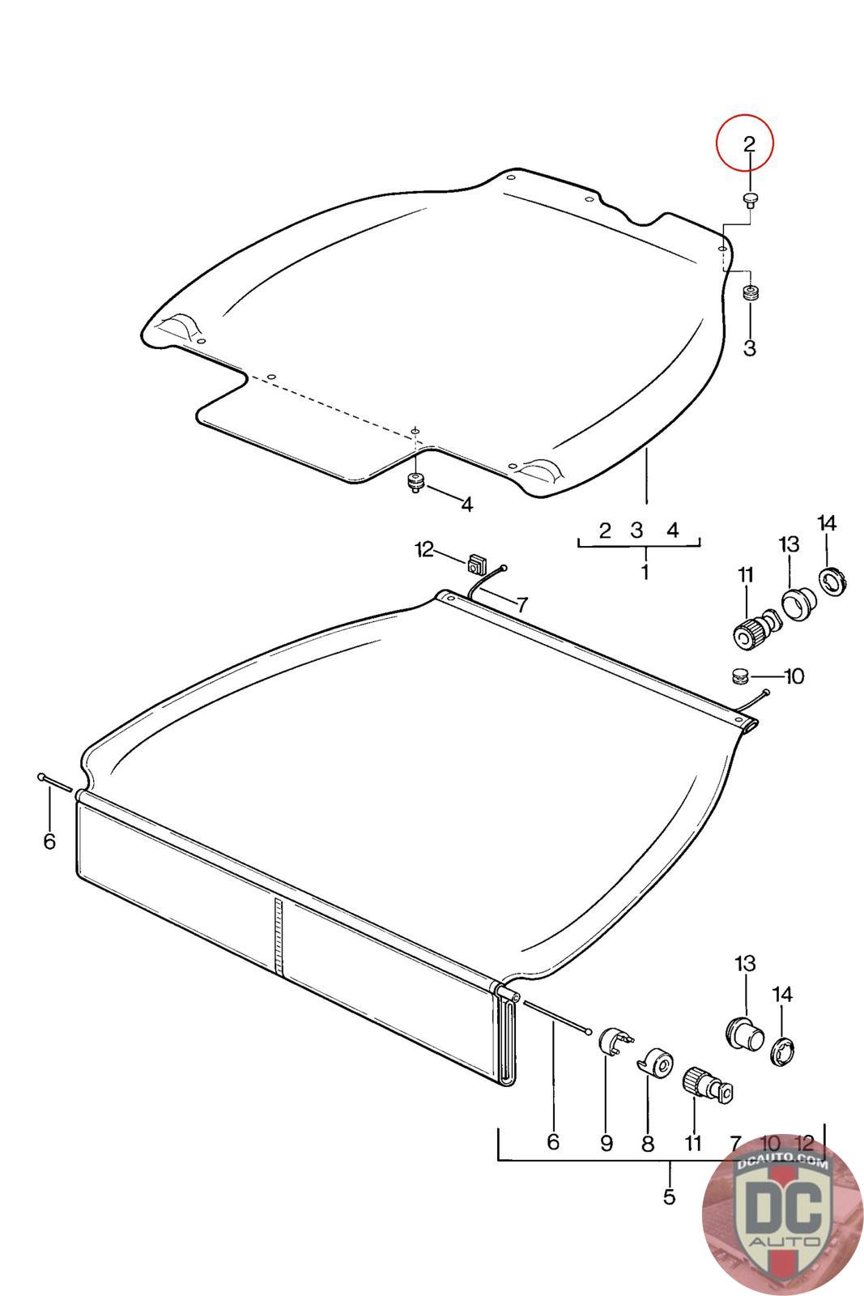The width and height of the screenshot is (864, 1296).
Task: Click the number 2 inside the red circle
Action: click(749, 143)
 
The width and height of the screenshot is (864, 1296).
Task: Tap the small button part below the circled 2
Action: click(750, 199)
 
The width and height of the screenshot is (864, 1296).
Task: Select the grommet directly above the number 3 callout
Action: click(751, 293)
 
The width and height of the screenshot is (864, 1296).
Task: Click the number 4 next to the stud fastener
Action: click(466, 505)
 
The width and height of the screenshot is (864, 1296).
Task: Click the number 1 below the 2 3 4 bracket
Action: click(645, 572)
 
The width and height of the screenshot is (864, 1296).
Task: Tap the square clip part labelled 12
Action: click(476, 563)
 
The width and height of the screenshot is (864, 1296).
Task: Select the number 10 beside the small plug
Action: click(794, 676)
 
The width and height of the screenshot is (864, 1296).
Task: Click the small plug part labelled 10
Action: click(740, 676)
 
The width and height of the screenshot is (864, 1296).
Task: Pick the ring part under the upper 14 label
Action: click(832, 582)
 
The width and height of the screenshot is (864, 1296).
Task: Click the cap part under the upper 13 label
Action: click(798, 604)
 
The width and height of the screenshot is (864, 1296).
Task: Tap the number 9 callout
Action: click(606, 1143)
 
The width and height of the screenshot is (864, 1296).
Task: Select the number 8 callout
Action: click(648, 1143)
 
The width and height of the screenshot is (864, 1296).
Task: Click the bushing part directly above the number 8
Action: click(656, 1062)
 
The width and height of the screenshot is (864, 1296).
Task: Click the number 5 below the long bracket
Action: click(669, 1196)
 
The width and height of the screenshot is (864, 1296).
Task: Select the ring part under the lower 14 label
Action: click(784, 1051)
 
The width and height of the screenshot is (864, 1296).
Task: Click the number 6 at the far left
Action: click(49, 842)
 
